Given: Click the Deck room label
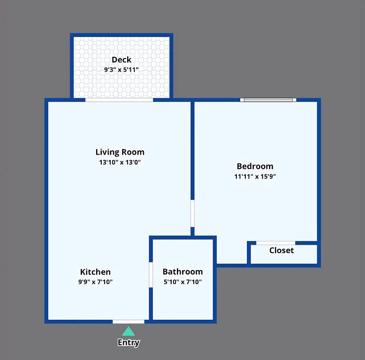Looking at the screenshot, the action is click(122, 60).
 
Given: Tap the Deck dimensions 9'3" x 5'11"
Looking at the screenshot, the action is click(122, 69).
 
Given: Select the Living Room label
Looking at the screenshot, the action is click(120, 152).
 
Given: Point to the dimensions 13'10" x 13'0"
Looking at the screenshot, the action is click(120, 162).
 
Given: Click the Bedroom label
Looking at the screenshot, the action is click(255, 166).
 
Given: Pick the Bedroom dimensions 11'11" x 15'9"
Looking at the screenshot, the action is click(255, 176).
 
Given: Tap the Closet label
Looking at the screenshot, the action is click(281, 250).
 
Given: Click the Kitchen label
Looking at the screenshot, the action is click(95, 271).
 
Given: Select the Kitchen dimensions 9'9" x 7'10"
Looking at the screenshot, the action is click(95, 282).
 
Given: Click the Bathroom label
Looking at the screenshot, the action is click(182, 271).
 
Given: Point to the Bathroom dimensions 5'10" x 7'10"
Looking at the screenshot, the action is click(182, 282).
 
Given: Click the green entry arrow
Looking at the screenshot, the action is click(129, 331).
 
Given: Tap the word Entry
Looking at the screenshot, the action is click(129, 343).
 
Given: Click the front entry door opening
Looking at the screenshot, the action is click(129, 322).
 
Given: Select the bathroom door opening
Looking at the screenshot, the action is click(151, 275).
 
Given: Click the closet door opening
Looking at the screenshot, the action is click(275, 243).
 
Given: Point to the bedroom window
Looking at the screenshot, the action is click(268, 100).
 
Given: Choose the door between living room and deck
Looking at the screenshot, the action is click(119, 100).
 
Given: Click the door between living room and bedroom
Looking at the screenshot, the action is click(192, 213).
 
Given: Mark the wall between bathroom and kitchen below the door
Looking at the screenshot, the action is click(151, 303).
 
